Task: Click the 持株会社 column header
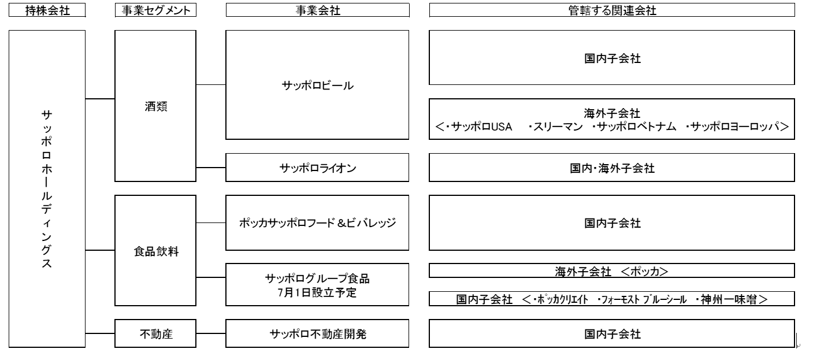47,10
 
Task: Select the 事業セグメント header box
155,10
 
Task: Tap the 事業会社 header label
318,10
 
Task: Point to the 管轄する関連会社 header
612,10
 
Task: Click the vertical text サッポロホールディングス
47,189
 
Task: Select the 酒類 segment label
155,106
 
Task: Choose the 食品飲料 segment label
156,251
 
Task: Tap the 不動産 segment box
155,333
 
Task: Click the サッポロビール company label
318,86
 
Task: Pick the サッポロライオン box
317,168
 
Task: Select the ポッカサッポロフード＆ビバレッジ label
317,223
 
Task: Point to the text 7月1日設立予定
317,292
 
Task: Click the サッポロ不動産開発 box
317,333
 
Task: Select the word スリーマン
558,127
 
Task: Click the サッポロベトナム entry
636,127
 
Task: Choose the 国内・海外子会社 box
612,168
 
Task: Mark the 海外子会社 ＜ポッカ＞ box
612,271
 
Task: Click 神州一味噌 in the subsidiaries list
729,299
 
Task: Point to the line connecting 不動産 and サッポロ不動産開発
211,333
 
